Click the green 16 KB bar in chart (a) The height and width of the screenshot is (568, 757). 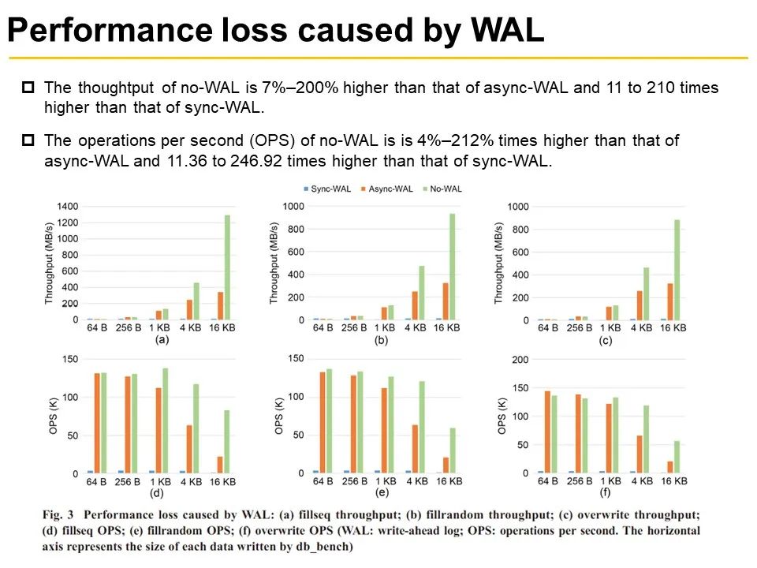[228, 267]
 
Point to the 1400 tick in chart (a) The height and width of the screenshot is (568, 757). [68, 207]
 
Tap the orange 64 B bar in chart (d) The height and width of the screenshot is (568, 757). [97, 423]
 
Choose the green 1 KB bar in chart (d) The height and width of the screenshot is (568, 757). [165, 420]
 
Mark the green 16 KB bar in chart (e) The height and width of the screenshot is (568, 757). [453, 450]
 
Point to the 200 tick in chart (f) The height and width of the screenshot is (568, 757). [518, 360]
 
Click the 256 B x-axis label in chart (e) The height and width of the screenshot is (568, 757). [354, 482]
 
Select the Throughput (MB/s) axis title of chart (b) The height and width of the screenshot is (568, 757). [274, 263]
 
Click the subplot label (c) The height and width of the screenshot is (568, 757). [606, 341]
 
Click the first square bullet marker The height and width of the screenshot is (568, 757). [28, 88]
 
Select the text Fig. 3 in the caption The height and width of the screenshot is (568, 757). [61, 514]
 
